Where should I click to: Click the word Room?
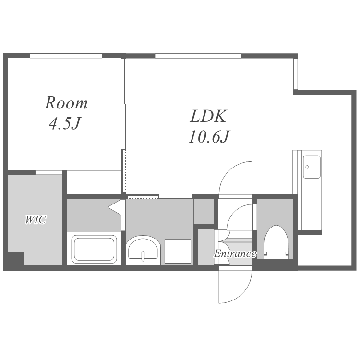click(66, 103)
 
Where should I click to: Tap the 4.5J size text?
click(65, 123)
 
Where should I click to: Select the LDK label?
click(208, 116)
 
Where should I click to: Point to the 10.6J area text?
click(209, 136)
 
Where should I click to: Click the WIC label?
click(36, 219)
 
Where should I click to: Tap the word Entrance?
click(235, 254)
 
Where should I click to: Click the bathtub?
click(94, 249)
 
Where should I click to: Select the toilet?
click(276, 242)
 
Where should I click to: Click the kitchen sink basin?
click(312, 167)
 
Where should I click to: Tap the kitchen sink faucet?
click(307, 165)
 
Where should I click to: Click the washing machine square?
click(178, 251)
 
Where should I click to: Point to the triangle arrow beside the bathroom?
click(115, 207)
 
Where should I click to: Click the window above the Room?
click(66, 56)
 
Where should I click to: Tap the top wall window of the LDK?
click(198, 56)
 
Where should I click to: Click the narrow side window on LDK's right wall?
click(296, 74)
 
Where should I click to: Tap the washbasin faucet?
click(143, 256)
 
